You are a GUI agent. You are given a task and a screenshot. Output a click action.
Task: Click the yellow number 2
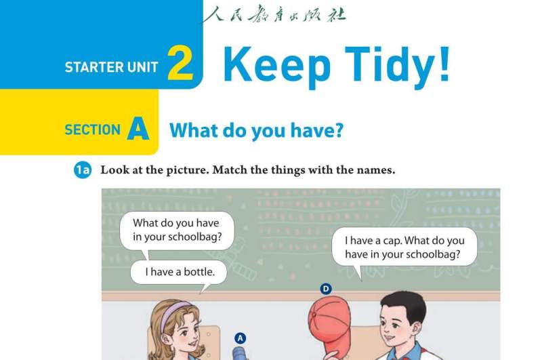point(180,62)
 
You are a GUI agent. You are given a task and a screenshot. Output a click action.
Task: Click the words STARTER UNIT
point(111,67)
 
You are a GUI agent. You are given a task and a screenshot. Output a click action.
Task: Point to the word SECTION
point(92,130)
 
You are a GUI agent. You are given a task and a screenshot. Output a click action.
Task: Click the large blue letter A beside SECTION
point(138,128)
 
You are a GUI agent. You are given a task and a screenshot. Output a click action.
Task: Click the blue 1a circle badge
point(83,169)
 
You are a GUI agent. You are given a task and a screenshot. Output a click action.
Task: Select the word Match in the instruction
point(230,169)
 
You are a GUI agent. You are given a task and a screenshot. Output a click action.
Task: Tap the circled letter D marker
point(326,289)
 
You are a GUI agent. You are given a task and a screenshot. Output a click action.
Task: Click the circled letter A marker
point(241,338)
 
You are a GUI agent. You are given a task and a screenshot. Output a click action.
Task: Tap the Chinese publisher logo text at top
point(275,14)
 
